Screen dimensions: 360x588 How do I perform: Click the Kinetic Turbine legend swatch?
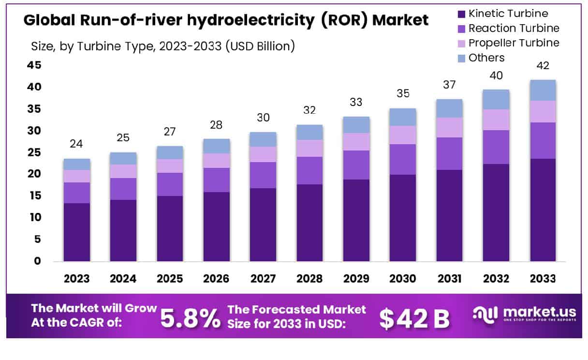click(461, 14)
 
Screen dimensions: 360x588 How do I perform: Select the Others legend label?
click(486, 58)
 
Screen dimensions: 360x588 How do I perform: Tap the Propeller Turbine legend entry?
click(514, 43)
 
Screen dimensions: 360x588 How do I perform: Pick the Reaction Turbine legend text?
click(514, 29)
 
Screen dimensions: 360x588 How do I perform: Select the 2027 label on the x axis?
click(263, 279)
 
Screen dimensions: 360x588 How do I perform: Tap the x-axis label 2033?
click(542, 279)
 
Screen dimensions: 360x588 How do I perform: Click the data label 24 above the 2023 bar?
click(76, 144)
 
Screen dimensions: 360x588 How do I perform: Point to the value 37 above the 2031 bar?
click(450, 85)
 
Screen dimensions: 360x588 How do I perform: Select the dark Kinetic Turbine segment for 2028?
click(310, 223)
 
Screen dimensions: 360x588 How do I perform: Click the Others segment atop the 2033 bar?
click(542, 90)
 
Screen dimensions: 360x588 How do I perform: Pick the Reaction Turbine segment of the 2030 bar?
click(403, 159)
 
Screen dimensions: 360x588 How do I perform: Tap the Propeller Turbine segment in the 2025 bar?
click(170, 166)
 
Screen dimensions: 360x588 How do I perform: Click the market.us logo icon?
click(484, 315)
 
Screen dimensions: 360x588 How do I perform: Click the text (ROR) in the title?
click(346, 20)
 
